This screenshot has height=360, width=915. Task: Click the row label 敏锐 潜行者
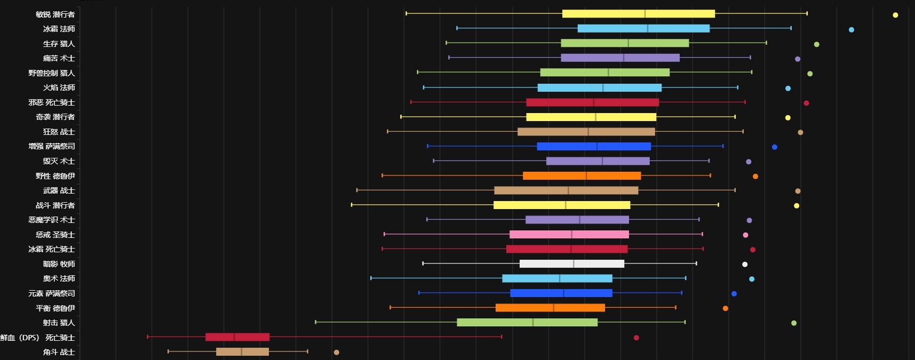click(55, 14)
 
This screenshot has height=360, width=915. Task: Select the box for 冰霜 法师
click(643, 28)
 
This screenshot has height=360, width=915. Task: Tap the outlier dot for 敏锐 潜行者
click(895, 15)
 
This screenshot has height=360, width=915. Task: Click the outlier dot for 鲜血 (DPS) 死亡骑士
click(636, 338)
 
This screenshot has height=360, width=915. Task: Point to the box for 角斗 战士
click(242, 351)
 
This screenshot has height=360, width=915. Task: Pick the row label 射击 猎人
click(59, 323)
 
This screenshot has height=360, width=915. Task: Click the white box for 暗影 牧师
click(571, 263)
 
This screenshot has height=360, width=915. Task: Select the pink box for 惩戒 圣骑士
click(569, 234)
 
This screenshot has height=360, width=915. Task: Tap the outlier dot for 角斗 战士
click(336, 352)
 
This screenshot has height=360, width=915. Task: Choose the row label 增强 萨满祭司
click(51, 146)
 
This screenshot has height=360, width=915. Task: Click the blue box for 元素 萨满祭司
click(561, 293)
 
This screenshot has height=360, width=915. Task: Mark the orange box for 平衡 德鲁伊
click(550, 308)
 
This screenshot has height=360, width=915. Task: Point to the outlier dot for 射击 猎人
click(793, 323)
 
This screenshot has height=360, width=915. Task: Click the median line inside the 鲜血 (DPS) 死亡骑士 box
click(234, 337)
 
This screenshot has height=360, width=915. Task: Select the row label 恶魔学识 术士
click(51, 220)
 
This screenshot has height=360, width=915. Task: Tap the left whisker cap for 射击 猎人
click(316, 322)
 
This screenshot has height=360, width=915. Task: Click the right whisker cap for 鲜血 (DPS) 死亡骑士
click(502, 337)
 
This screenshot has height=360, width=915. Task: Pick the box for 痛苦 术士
click(620, 58)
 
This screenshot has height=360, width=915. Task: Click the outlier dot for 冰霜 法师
click(851, 30)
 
